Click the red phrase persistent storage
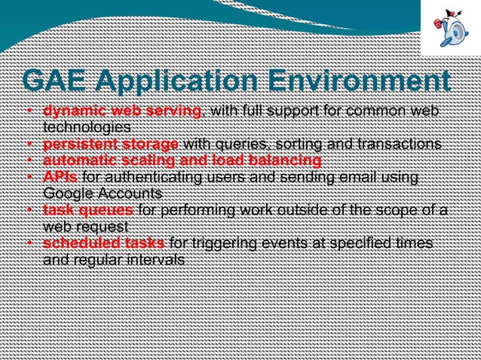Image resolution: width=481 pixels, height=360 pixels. pos(110,144)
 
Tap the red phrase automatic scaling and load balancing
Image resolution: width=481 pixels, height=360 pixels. pos(182,160)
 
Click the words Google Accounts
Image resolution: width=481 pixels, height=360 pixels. pos(103,193)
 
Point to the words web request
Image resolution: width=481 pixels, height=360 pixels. pos(87,226)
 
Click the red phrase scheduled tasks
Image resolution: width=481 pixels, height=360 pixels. pos(104,243)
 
